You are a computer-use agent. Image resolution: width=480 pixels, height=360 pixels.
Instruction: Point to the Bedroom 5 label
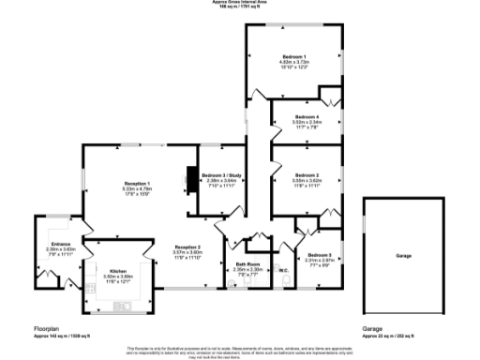pos(320,255)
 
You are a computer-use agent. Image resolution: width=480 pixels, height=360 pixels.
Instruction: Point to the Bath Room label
pos(247,264)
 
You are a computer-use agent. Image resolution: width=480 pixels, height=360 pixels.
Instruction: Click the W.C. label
pos(281,272)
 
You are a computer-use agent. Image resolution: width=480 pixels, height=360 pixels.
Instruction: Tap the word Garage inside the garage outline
pos(403,256)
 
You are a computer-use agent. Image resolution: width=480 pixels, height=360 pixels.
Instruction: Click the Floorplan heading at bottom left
pos(48,329)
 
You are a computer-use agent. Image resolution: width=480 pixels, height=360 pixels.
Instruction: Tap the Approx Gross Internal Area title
pos(240,4)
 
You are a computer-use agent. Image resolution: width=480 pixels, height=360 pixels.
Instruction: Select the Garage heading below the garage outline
pos(374,329)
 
